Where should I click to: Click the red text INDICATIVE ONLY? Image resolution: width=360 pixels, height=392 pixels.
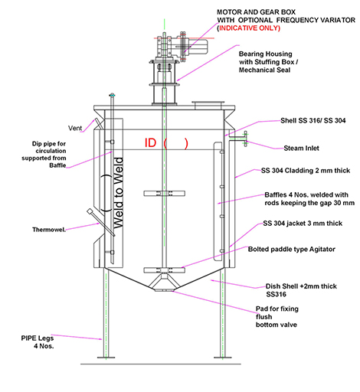250,28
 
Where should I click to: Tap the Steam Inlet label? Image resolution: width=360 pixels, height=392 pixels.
301,149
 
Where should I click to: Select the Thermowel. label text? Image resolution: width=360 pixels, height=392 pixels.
49,230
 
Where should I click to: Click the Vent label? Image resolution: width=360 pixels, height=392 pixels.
75,128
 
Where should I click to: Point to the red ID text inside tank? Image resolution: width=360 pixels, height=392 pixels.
150,143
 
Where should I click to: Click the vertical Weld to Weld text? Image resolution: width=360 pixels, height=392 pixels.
118,193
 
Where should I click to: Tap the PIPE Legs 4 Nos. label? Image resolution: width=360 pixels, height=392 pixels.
38,342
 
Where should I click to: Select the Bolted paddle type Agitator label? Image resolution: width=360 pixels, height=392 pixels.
292,249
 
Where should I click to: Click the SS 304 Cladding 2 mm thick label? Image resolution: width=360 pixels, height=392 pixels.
306,171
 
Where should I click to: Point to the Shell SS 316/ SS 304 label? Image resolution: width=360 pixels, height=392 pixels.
313,120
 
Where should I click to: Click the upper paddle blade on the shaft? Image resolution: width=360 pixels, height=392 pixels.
164,194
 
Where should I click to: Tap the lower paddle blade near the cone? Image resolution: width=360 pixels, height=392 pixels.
164,270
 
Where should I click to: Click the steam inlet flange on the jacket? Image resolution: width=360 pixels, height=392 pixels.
246,139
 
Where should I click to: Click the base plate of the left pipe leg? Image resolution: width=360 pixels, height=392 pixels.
106,358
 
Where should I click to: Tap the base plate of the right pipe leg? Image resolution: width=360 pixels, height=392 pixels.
223,358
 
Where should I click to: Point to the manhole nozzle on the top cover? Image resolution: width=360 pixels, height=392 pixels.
208,104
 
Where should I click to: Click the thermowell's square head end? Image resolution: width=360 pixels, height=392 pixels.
90,211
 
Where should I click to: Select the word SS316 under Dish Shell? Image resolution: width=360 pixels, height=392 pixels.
276,295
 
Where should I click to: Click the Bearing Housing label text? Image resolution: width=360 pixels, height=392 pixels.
265,54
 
